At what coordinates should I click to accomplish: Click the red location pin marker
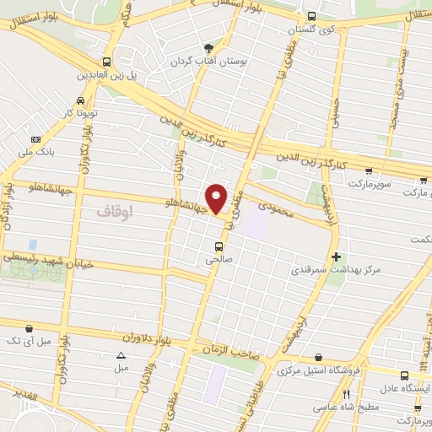(217, 197)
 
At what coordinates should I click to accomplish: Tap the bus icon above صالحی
(219, 247)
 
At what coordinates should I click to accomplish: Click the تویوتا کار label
(81, 111)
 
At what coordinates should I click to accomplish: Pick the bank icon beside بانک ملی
(35, 139)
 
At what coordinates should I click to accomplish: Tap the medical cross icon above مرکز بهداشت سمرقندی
(337, 256)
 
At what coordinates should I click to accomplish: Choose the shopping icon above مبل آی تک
(30, 328)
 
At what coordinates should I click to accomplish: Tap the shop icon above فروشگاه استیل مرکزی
(317, 358)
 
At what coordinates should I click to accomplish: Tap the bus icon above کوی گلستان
(311, 16)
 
